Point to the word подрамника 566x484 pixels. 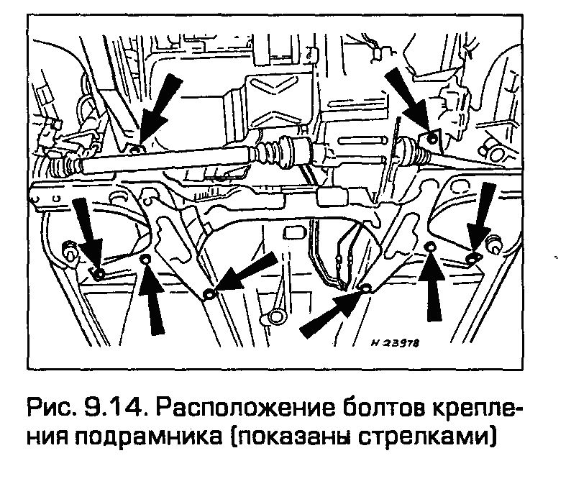point(158,436)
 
